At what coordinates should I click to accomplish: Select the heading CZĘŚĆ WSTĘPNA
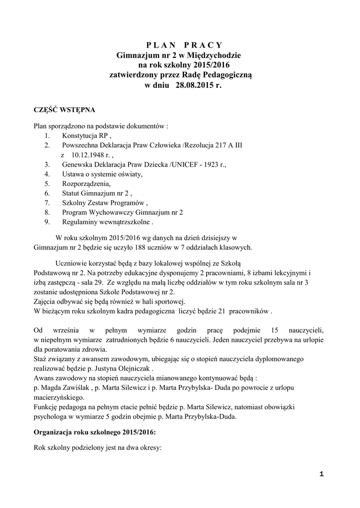pos(61,110)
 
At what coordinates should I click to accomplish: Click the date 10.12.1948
pos(86,155)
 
